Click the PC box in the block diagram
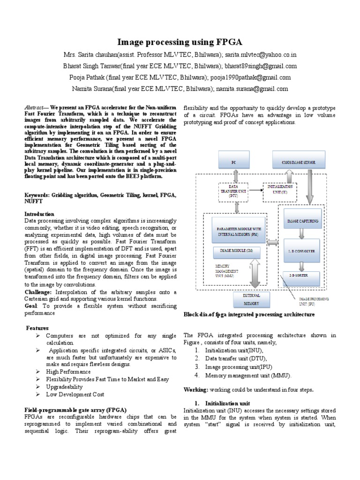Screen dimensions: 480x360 [x=232, y=162]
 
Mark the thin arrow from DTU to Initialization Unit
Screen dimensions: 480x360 [x=256, y=190]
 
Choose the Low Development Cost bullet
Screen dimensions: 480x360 [x=75, y=394]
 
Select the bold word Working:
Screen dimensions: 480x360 [x=195, y=390]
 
